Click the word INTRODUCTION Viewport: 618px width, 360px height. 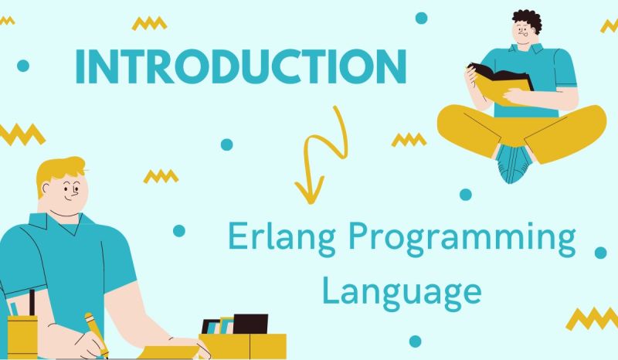click(x=240, y=67)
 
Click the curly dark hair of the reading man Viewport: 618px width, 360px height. click(x=527, y=20)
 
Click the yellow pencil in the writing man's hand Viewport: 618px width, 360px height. click(x=95, y=332)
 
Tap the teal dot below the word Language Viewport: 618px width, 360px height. click(x=415, y=341)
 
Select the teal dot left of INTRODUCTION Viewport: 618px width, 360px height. click(x=22, y=66)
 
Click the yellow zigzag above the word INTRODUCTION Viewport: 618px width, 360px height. click(x=149, y=24)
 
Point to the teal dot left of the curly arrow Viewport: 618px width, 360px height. click(x=226, y=144)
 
